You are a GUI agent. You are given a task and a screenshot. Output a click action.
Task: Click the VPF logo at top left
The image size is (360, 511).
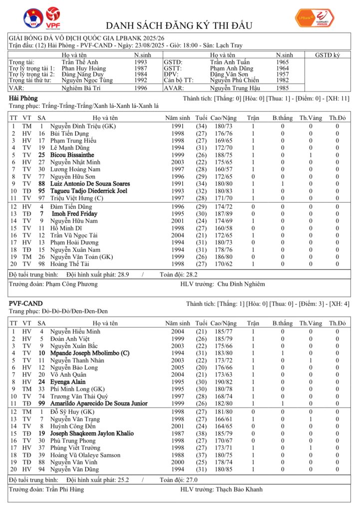51,17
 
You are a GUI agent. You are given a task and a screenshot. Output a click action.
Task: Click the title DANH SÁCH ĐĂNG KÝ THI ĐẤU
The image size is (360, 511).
179,25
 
